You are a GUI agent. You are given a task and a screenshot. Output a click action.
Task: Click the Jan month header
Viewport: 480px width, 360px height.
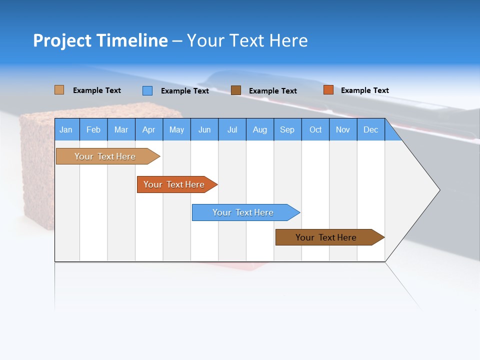[66, 129]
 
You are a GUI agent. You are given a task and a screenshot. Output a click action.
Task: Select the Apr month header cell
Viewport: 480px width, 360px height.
[149, 129]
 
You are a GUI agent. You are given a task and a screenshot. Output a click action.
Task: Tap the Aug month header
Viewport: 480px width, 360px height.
[260, 129]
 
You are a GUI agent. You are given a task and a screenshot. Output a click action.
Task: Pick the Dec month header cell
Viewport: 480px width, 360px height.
[371, 129]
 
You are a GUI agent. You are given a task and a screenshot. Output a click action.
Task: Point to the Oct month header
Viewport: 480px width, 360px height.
[315, 129]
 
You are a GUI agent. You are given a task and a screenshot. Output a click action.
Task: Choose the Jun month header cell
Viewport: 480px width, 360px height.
[204, 129]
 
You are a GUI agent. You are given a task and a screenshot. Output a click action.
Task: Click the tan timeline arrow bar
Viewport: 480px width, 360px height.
[105, 156]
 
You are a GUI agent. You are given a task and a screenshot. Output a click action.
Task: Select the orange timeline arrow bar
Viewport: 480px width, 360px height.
[174, 184]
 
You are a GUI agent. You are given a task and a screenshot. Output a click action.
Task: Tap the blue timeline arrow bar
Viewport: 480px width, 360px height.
[243, 212]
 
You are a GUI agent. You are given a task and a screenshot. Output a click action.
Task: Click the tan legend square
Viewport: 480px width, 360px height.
[59, 90]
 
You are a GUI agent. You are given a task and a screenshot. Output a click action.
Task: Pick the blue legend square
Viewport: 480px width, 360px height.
[147, 90]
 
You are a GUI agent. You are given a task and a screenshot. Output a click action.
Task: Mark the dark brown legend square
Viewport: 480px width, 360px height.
[236, 90]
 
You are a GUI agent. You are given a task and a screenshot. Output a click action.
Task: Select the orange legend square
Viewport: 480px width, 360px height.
[328, 90]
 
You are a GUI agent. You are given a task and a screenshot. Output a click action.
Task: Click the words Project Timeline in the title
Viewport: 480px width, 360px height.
[100, 40]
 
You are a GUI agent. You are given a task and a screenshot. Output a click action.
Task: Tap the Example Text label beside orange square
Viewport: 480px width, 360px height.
[364, 90]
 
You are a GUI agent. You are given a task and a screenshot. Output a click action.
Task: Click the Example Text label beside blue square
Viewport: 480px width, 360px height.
[184, 91]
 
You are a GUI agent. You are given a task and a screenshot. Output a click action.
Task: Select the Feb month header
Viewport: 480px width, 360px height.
[93, 129]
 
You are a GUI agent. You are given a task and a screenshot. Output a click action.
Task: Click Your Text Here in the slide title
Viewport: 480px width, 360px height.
[247, 40]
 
